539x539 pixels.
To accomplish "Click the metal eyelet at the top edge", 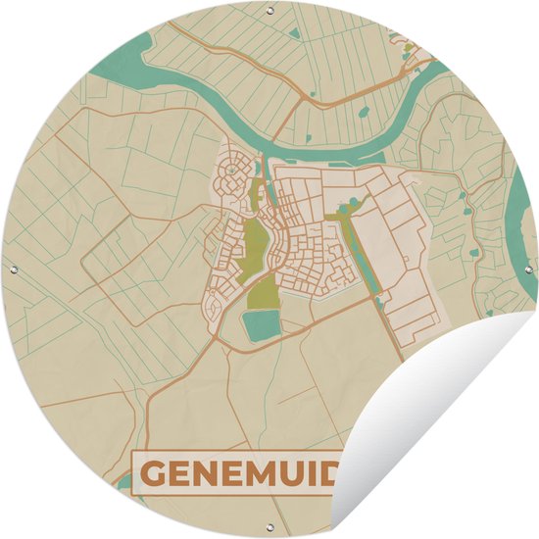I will tap(269, 11).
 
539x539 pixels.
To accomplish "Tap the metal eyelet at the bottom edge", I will tap(269, 528).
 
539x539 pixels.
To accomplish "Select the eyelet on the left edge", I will tap(11, 269).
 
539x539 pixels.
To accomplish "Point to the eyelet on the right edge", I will tap(528, 269).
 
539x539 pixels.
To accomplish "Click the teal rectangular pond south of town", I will tap(260, 325).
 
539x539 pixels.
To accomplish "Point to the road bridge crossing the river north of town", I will tap(266, 148).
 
